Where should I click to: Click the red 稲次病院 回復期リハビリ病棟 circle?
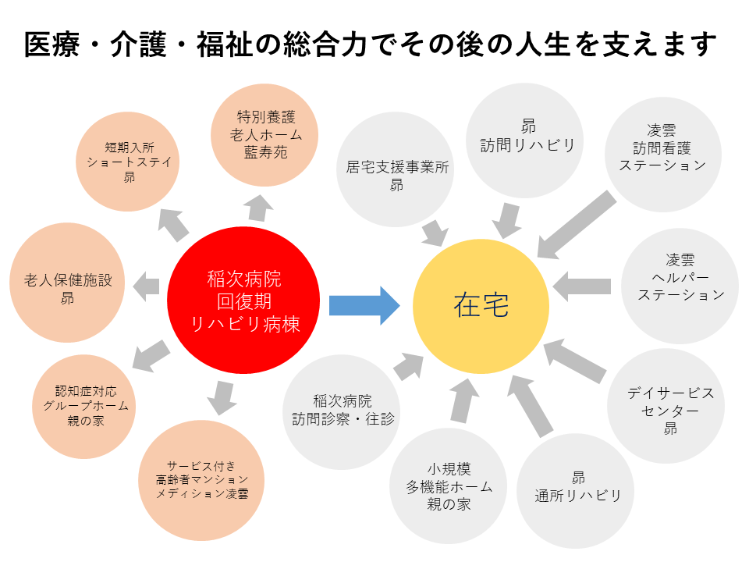243,300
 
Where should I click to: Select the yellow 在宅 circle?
481,306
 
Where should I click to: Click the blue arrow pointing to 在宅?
364,306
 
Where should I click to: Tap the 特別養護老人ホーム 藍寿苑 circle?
264,135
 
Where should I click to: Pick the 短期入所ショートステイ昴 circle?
127,162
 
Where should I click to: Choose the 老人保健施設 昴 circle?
67,283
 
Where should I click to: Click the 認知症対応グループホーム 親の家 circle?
84,406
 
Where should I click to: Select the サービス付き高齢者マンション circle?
201,480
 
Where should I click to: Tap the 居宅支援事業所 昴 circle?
395,169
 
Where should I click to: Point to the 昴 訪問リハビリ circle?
524,140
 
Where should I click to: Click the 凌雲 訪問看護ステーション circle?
663,155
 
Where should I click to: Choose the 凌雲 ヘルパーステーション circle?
680,286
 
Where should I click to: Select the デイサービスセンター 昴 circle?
666,406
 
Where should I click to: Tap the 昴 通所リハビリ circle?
575,491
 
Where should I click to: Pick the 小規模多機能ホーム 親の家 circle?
448,486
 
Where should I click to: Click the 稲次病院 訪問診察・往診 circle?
342,412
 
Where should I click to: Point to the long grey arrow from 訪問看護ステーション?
577,225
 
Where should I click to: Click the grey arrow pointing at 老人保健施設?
146,286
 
